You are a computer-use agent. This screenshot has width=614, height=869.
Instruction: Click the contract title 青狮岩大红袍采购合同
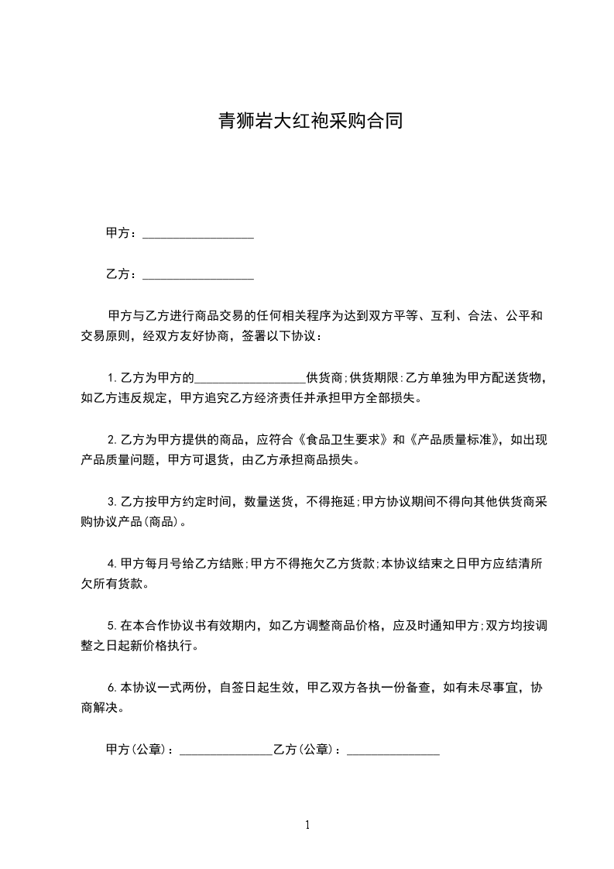[x=307, y=122]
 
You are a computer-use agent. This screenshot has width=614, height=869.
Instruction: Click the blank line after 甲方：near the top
[x=198, y=233]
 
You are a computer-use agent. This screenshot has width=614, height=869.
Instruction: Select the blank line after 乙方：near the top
[x=198, y=274]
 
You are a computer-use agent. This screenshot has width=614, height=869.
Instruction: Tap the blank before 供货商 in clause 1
[x=250, y=379]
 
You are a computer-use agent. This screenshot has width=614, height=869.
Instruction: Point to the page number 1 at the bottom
[x=307, y=825]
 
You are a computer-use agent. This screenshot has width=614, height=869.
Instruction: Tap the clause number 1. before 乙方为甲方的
[x=112, y=379]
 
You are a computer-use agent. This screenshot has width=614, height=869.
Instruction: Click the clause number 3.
[x=112, y=501]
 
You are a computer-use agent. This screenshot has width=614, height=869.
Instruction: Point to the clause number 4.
[x=112, y=563]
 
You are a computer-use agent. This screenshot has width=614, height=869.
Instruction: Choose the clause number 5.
[x=112, y=624]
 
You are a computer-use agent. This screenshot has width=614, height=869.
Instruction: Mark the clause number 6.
[x=112, y=687]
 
